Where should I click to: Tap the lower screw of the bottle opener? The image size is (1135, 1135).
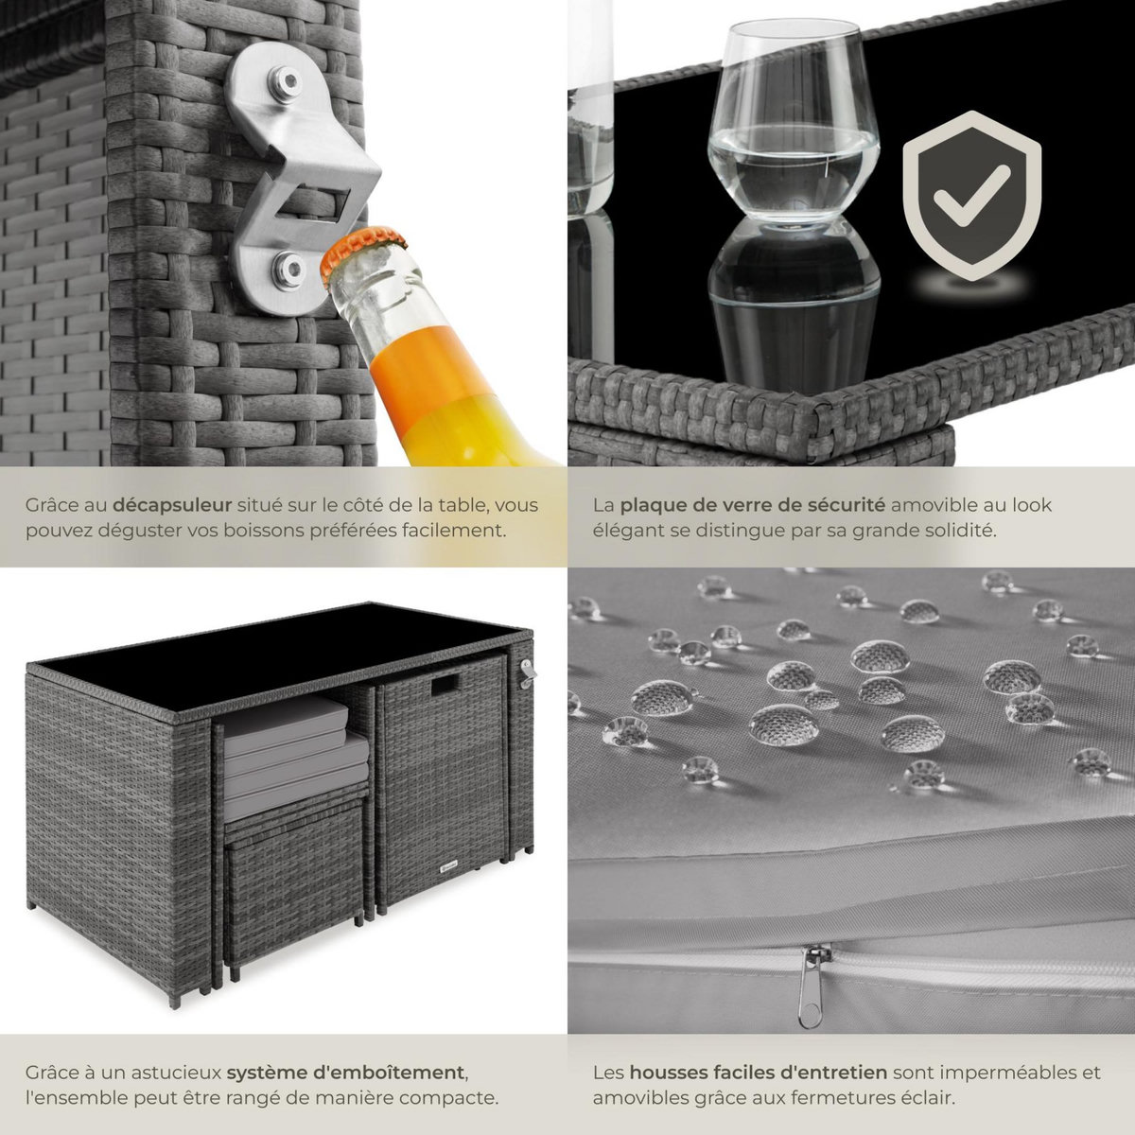288,270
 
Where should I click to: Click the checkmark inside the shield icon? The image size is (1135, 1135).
972,196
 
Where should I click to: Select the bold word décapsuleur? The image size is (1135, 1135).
172,505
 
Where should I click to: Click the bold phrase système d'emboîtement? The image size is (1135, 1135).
346,1072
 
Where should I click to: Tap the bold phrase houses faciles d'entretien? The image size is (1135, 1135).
758,1072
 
